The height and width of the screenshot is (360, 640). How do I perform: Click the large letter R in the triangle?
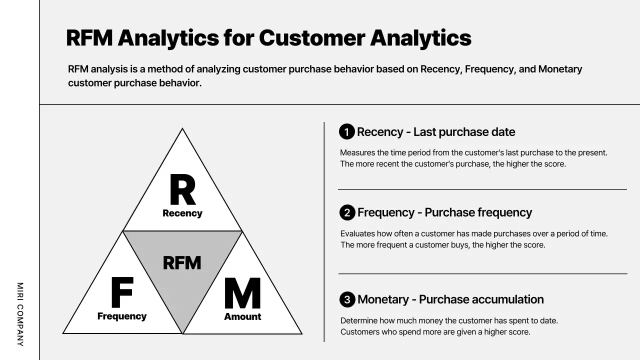[182, 190]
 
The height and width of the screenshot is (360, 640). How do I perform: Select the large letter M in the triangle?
[242, 293]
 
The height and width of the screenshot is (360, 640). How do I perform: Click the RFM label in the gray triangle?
[182, 262]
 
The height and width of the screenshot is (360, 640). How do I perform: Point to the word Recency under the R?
[182, 213]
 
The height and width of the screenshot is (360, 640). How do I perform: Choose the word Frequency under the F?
[122, 316]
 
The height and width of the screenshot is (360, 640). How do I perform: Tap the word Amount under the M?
[242, 316]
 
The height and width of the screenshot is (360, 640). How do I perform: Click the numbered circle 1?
[347, 132]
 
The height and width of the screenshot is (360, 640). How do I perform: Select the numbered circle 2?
[347, 212]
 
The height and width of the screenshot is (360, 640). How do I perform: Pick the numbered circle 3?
[347, 299]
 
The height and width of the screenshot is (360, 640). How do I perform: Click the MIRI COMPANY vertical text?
[20, 314]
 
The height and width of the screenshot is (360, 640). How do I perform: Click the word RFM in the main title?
[88, 38]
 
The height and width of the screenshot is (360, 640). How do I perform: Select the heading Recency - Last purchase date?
[436, 132]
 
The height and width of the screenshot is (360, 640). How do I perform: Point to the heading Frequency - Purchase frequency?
[444, 212]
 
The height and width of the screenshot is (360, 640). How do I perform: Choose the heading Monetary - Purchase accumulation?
[450, 299]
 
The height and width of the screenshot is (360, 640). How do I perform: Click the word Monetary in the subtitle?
[560, 69]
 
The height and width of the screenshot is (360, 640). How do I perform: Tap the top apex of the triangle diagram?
[182, 129]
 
